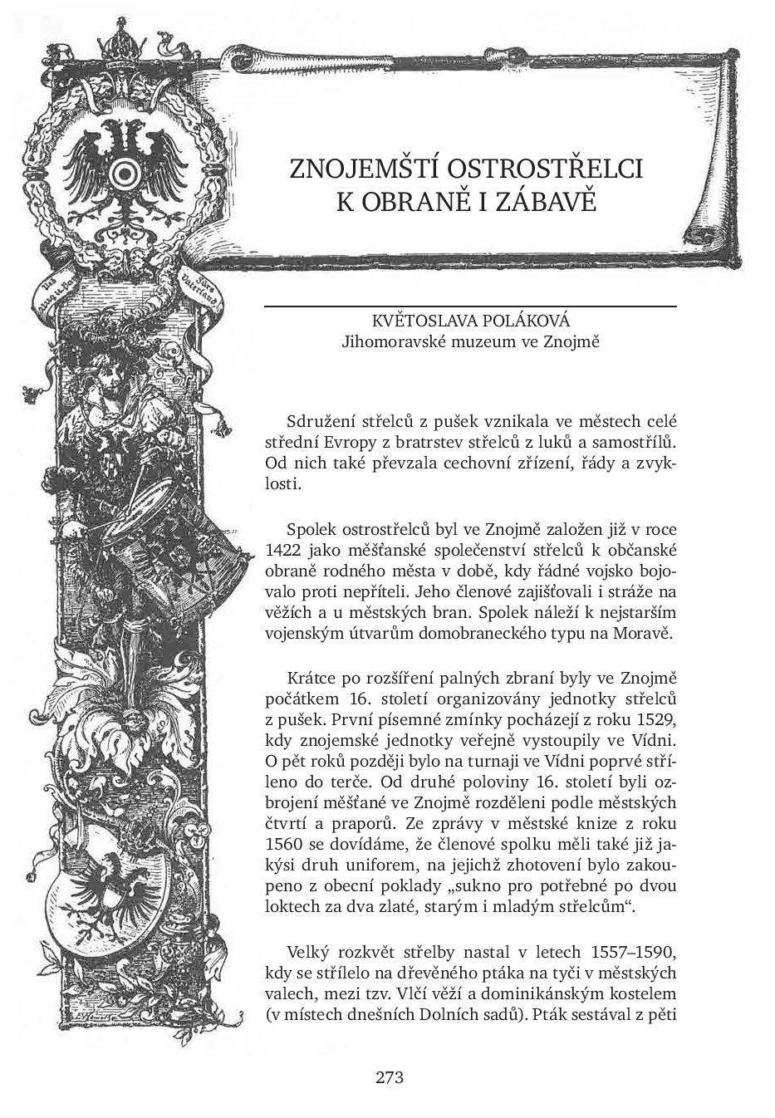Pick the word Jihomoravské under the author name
tap(391, 341)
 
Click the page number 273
tap(389, 1078)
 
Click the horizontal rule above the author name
tap(470, 307)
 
